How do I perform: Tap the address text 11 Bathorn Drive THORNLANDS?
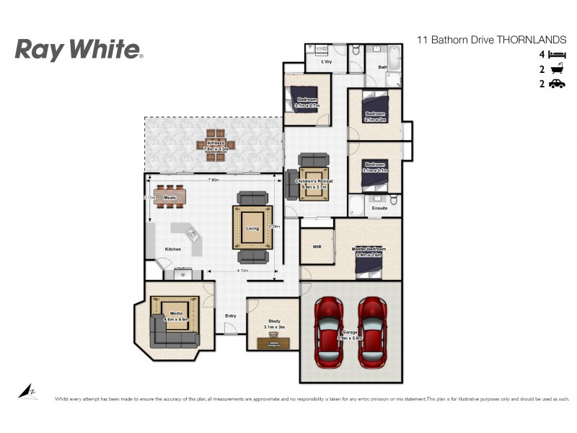493,40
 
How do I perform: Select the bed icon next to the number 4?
556,55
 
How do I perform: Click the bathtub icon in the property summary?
556,70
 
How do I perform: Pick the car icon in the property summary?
556,84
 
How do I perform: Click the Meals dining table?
170,197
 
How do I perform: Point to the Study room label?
273,321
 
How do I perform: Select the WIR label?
317,247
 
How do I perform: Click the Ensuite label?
379,209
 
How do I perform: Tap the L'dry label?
325,62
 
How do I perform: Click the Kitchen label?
173,249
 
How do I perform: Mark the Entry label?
231,316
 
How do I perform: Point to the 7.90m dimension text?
214,179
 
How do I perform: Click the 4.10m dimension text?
243,271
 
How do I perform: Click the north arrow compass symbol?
26,391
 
